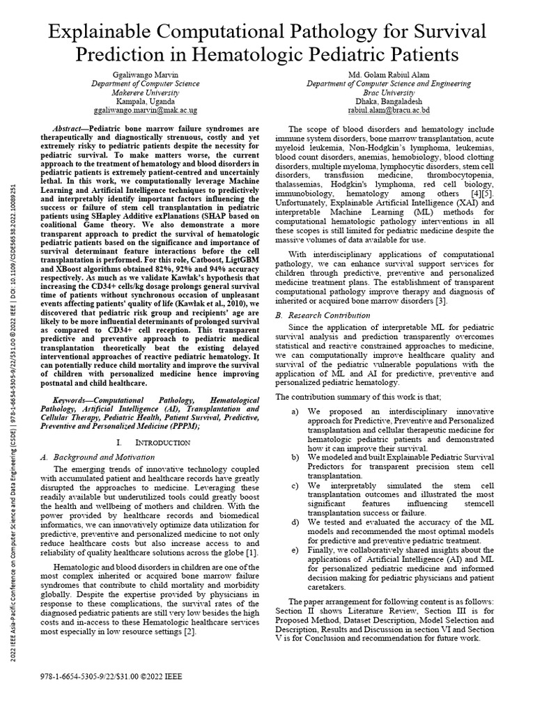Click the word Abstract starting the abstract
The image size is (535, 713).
[x=70, y=130]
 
